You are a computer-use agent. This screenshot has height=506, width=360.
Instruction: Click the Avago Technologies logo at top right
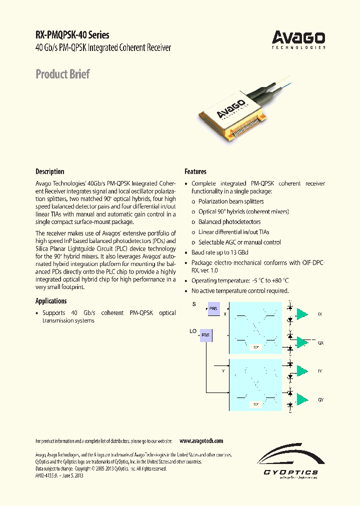point(298,39)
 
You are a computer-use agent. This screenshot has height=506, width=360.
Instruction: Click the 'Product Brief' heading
point(62,74)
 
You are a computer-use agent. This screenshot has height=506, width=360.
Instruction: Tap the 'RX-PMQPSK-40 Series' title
point(72,35)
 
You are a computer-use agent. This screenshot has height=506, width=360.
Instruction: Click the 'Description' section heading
point(49,171)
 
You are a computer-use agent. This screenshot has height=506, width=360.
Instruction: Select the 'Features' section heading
point(195,171)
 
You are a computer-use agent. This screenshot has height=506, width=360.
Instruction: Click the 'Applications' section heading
point(51,301)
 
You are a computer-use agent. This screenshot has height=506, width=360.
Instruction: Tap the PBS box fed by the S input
point(213,309)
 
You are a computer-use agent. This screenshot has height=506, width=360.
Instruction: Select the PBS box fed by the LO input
point(206,335)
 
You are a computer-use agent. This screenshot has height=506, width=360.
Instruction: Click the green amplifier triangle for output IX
point(302,313)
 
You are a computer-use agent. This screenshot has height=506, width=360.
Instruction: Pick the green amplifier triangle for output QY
point(302,399)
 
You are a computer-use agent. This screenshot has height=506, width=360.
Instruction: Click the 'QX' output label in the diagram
point(320,343)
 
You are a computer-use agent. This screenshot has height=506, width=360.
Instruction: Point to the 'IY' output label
point(320,371)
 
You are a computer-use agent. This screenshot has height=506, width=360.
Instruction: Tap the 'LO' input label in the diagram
point(192,331)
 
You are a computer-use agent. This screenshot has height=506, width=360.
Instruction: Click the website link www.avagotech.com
point(201,441)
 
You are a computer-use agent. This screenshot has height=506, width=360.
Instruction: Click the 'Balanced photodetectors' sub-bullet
point(229,222)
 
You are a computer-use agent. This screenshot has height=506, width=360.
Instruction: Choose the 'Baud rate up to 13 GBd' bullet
point(219,252)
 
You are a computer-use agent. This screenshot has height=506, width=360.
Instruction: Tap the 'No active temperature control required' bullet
point(240,291)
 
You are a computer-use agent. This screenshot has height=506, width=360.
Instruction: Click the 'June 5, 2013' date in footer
point(71,475)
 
